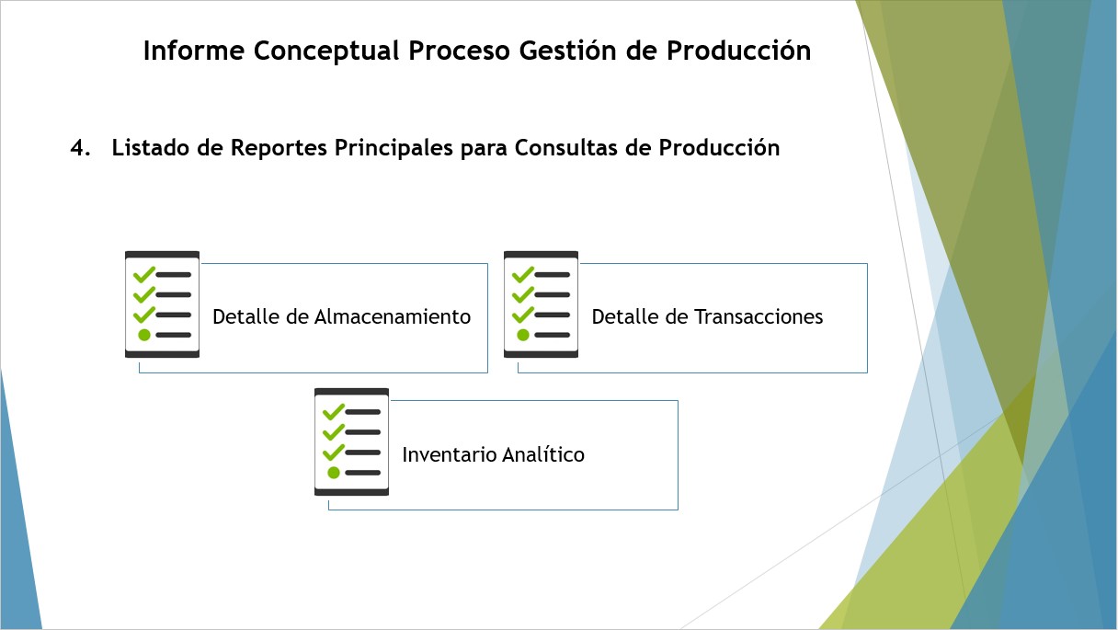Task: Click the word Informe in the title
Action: pos(194,51)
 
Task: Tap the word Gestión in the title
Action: pos(567,51)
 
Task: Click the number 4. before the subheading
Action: pos(80,148)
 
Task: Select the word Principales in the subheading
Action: pos(394,149)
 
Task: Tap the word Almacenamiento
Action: pos(393,317)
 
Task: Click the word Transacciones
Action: pos(759,317)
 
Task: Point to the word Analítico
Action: pos(543,454)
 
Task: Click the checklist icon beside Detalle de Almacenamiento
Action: pos(162,304)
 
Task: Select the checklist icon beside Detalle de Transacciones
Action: pos(541,304)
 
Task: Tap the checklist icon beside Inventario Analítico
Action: pos(351,441)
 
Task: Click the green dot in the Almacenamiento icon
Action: pos(144,335)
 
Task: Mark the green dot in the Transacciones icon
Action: pos(523,335)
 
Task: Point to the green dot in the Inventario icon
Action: pos(334,472)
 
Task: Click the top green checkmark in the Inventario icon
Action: pos(334,411)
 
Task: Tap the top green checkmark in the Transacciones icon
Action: pos(523,275)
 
